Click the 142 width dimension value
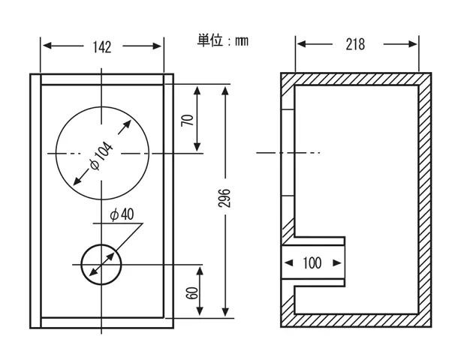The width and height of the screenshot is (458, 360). [x=102, y=47]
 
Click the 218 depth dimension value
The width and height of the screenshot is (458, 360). [x=355, y=44]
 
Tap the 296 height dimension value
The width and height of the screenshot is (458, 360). [x=224, y=198]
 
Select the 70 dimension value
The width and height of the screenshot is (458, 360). [x=188, y=120]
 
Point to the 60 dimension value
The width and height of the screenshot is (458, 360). [x=192, y=293]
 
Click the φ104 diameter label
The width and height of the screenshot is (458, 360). [x=101, y=155]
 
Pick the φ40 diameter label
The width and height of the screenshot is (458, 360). [x=122, y=214]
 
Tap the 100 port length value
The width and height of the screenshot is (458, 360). [x=312, y=262]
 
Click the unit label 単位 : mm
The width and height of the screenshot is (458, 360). [x=222, y=40]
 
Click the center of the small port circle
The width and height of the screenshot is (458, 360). [x=101, y=265]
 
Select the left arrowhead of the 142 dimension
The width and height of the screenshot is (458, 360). [x=47, y=46]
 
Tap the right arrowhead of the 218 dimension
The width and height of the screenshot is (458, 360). [x=413, y=44]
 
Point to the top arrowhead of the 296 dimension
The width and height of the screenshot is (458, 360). [x=225, y=91]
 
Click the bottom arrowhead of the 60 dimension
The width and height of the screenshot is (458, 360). [x=200, y=310]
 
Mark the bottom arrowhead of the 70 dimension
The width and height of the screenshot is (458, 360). [x=197, y=147]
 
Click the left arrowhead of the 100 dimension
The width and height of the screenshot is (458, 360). [x=288, y=262]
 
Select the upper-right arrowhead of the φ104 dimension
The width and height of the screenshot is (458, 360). [x=127, y=124]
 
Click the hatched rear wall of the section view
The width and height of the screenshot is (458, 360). [x=425, y=199]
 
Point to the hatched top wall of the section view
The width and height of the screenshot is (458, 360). [x=356, y=79]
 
